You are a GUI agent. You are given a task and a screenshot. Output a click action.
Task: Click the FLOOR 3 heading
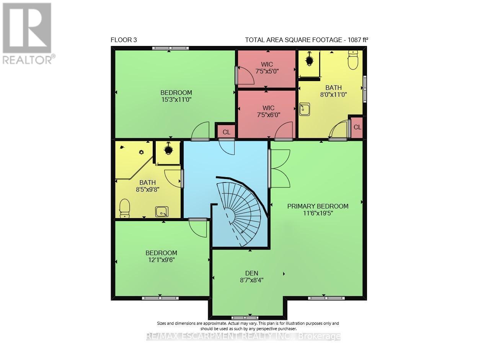[124, 40]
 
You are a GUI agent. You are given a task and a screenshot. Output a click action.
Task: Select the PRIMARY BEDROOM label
[318, 206]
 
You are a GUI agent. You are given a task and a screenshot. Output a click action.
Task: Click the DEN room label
[251, 273]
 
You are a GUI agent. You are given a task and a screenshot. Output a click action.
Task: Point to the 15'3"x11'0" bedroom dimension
[176, 100]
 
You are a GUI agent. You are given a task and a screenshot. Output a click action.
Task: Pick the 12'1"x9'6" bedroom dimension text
[161, 260]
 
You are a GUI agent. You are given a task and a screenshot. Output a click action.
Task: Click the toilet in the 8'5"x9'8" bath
[124, 208]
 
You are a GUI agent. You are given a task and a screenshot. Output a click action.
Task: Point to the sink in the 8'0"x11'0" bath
[305, 109]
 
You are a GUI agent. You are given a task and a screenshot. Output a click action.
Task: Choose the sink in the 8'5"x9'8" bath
[162, 212]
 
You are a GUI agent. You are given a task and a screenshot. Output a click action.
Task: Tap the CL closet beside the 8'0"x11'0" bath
[357, 127]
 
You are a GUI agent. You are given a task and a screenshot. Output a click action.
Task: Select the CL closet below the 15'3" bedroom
[226, 132]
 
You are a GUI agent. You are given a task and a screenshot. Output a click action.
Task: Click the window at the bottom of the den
[245, 318]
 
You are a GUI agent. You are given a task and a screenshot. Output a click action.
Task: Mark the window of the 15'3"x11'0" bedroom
[170, 48]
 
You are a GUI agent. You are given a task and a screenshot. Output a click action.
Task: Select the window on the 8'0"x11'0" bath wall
[365, 89]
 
